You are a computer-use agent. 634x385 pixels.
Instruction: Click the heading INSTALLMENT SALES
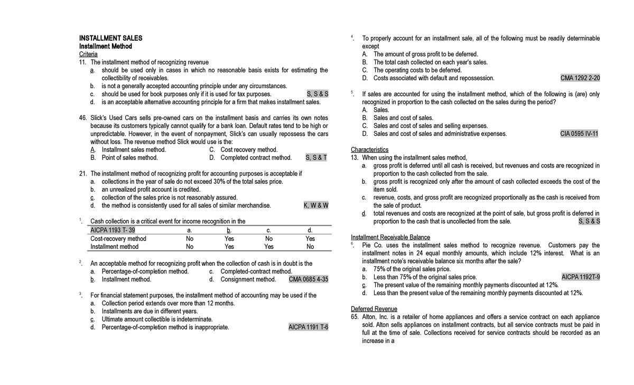[110, 39]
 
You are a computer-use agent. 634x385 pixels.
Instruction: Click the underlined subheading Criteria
[88, 54]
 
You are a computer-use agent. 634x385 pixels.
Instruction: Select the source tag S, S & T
[316, 157]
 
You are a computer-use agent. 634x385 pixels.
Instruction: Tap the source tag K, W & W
[316, 205]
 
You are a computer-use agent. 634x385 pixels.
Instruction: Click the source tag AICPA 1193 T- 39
[113, 230]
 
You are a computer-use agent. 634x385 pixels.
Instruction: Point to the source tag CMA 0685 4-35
[309, 279]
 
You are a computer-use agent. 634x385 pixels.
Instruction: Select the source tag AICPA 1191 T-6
[309, 327]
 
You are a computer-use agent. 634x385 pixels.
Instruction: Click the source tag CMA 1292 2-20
[580, 78]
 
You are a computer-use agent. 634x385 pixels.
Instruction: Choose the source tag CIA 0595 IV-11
[580, 134]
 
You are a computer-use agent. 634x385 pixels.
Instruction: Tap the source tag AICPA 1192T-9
[580, 277]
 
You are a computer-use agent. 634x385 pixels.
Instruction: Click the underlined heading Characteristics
[369, 150]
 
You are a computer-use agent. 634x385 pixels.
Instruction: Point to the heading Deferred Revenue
[374, 309]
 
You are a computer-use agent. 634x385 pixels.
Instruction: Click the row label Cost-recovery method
[118, 239]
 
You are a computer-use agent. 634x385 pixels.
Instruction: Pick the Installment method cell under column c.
[268, 247]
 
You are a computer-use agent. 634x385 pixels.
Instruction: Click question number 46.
[83, 118]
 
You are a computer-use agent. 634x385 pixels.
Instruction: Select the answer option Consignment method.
[248, 279]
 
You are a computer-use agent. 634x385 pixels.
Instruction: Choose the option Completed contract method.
[256, 157]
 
